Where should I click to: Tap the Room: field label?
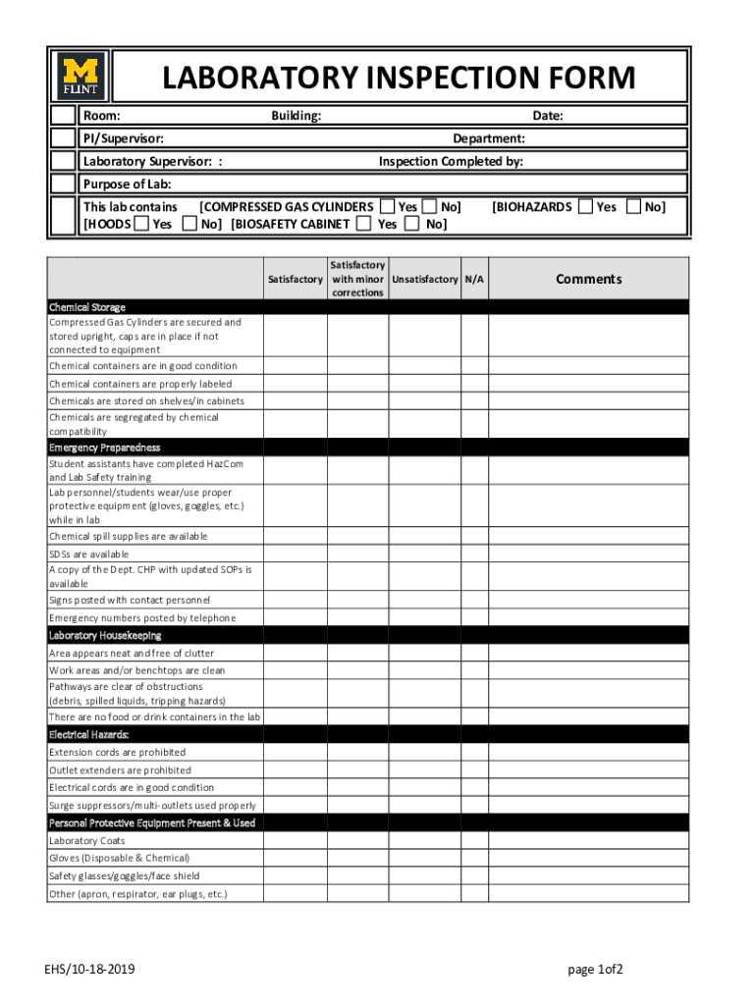[101, 116]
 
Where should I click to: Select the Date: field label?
[548, 116]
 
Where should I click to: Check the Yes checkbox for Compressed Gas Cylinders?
[388, 206]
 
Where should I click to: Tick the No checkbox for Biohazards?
[633, 206]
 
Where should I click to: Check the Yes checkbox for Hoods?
[141, 224]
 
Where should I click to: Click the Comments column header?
[588, 279]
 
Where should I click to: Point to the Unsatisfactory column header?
[424, 280]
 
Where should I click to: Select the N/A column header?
[474, 280]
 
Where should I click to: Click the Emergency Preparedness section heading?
[104, 448]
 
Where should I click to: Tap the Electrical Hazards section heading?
[89, 734]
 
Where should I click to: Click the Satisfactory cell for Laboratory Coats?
[295, 841]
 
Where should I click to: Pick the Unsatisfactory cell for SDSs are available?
[424, 554]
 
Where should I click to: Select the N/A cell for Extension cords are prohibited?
[474, 753]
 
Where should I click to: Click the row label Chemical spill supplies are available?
[129, 537]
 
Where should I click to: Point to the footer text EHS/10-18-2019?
[89, 970]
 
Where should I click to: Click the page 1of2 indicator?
[596, 970]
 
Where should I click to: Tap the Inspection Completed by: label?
[451, 161]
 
